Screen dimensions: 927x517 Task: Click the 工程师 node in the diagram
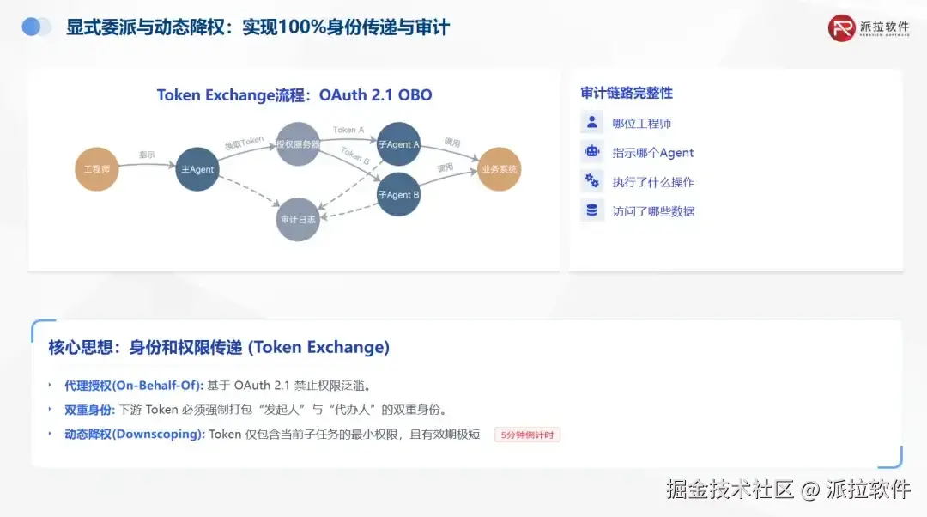[x=96, y=169]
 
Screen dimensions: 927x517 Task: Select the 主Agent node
[x=197, y=169]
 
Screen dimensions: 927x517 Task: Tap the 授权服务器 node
[x=298, y=144]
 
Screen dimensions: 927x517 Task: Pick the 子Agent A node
[x=398, y=144]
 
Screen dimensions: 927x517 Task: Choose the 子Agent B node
[x=398, y=194]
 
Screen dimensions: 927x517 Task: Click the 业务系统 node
[x=499, y=169]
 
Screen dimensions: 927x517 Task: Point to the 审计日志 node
[x=298, y=219]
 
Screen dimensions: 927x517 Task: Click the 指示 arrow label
[x=147, y=155]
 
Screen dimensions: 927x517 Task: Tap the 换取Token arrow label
[x=244, y=143]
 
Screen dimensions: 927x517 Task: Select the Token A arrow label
[x=348, y=130]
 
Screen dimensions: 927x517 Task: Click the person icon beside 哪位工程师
[x=591, y=123]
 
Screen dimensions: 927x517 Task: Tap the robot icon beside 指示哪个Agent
[x=591, y=152]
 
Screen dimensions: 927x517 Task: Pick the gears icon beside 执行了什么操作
[x=591, y=181]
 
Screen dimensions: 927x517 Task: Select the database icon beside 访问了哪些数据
[x=591, y=210]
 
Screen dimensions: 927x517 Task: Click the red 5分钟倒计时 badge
[x=528, y=435]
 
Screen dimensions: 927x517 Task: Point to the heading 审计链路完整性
[x=627, y=93]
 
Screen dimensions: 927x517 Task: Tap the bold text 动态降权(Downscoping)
[x=135, y=434]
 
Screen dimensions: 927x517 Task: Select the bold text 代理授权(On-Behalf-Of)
[x=134, y=385]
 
